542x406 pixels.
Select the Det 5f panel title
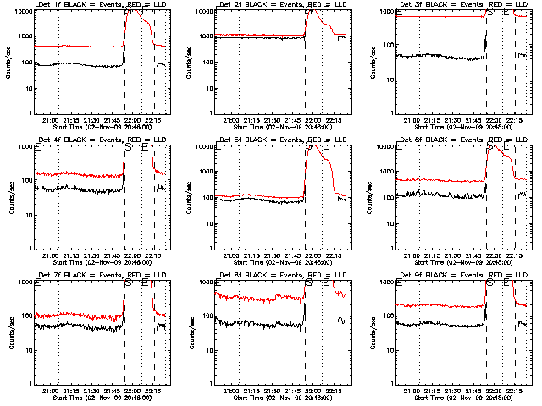277,140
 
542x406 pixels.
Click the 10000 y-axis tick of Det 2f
201,12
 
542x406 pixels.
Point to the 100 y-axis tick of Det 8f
204,316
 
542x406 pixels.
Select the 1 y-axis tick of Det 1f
32,113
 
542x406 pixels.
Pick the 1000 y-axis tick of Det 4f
27,147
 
